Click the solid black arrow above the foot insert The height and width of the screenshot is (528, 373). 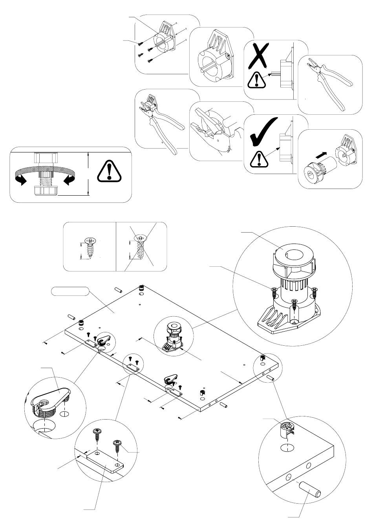coord(321,156)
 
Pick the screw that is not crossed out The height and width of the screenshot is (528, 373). coord(90,247)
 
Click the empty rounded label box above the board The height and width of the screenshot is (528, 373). coord(70,291)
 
